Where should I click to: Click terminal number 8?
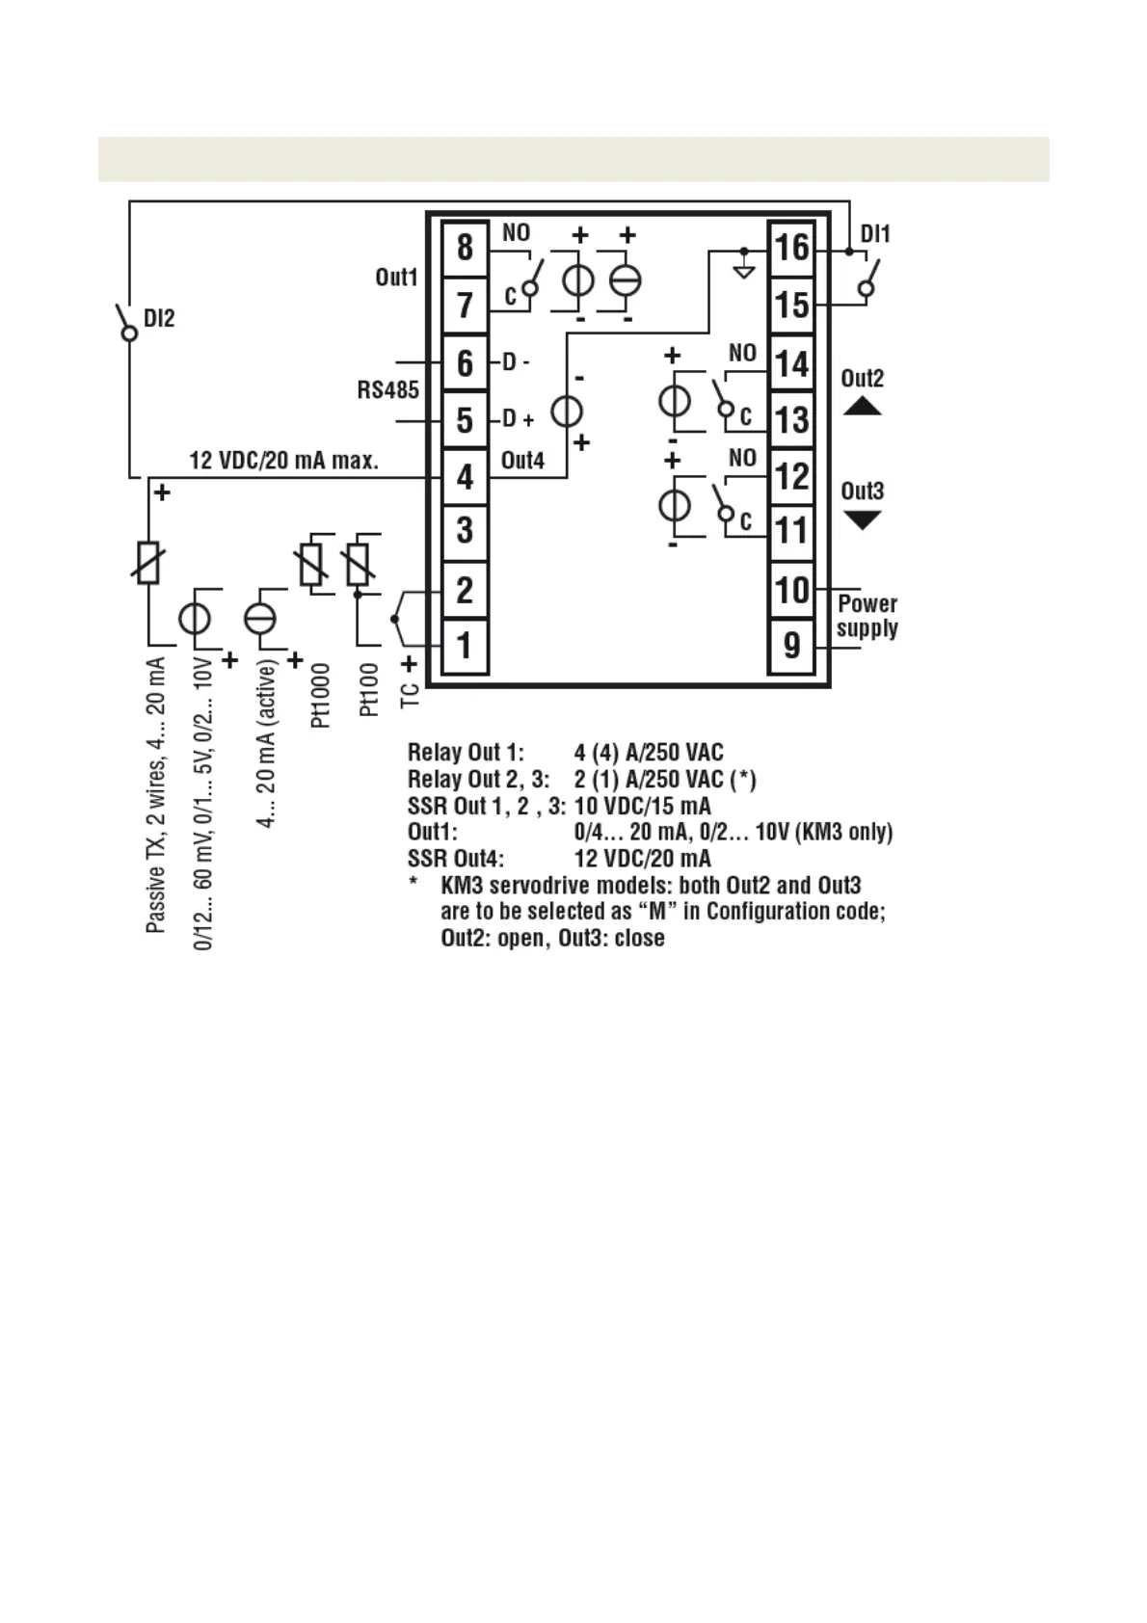click(465, 248)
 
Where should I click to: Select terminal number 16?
click(791, 248)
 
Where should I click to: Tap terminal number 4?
click(465, 476)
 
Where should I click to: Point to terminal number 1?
click(465, 646)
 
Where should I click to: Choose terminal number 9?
click(791, 646)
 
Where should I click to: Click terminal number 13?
click(791, 419)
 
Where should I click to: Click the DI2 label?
click(159, 319)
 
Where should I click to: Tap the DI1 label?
click(875, 234)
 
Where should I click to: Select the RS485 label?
click(388, 390)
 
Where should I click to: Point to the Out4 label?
click(522, 461)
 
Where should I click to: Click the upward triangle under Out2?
click(862, 407)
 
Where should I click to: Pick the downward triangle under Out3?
click(862, 520)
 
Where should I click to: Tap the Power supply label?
click(867, 616)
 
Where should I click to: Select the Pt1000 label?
click(321, 694)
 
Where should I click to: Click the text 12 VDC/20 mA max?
click(283, 461)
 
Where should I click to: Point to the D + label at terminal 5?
click(518, 420)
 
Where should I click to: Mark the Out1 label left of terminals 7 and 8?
click(396, 278)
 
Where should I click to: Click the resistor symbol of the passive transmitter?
click(147, 563)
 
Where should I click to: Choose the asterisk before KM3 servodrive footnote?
click(413, 884)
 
